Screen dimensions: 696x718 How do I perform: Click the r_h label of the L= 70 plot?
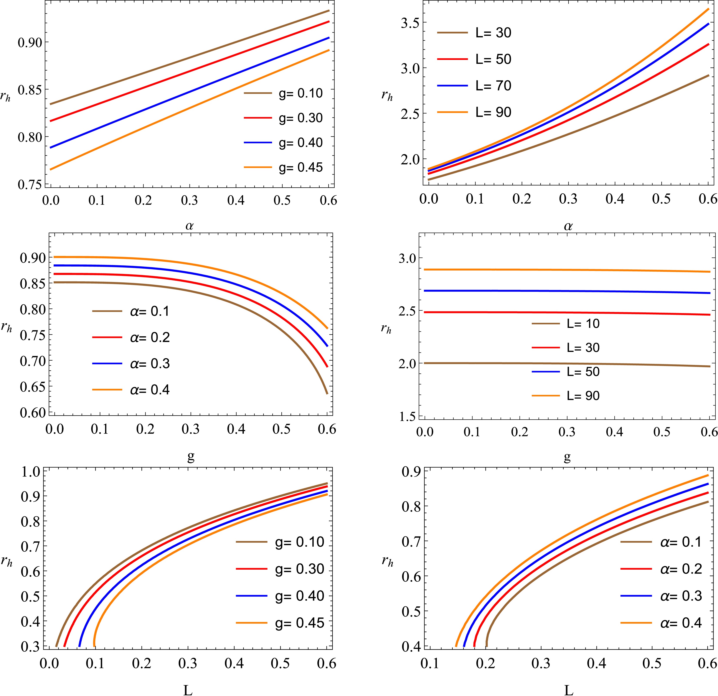387,96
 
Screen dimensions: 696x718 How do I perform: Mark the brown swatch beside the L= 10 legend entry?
546,323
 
